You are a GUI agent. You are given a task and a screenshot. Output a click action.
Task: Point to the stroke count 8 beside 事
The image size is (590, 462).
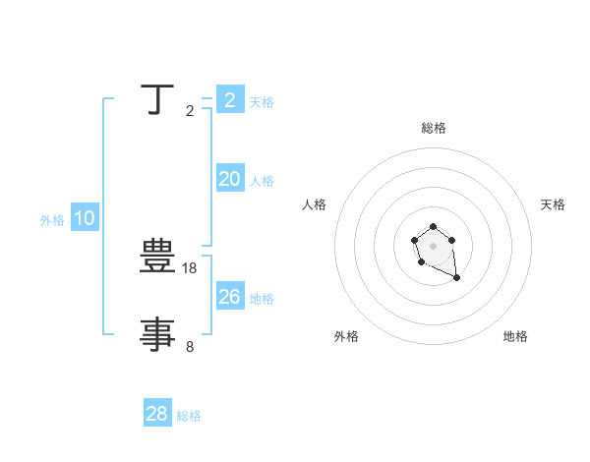(x=190, y=346)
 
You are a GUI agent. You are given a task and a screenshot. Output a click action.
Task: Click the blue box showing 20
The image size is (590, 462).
(x=229, y=179)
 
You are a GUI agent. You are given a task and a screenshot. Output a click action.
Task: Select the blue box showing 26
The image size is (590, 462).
(x=229, y=297)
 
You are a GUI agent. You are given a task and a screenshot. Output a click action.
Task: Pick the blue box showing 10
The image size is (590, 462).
(x=85, y=219)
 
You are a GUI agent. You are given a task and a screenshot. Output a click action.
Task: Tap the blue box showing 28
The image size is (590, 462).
(x=156, y=414)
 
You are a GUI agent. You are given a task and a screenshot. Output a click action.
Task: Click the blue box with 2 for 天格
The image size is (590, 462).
(x=229, y=100)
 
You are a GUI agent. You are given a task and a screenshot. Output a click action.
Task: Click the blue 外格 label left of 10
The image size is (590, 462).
(x=52, y=220)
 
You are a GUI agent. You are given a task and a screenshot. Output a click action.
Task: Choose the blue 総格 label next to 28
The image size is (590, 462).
(x=189, y=416)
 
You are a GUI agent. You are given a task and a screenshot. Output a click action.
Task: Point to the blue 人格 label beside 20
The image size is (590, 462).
(x=262, y=181)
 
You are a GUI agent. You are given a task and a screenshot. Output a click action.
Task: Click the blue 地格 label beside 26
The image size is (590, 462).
(x=262, y=299)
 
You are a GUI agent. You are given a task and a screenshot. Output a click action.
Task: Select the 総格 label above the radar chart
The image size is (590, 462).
(x=434, y=128)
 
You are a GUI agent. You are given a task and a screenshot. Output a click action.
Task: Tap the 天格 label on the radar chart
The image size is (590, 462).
(x=553, y=204)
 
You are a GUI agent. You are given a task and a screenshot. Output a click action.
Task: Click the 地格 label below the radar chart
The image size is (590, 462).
(x=515, y=336)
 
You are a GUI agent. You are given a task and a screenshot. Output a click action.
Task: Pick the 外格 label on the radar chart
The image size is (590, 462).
(x=346, y=336)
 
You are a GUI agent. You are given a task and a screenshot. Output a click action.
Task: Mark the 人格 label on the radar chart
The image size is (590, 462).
(x=315, y=204)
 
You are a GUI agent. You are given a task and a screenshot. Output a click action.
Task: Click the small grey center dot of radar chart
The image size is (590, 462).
(x=434, y=246)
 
